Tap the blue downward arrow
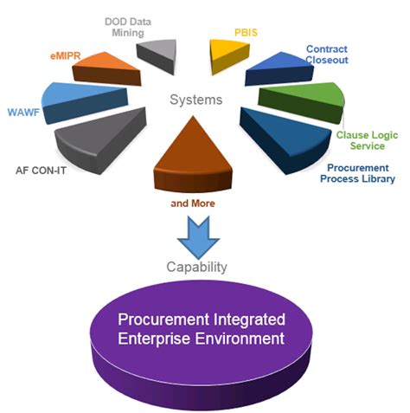click(200, 236)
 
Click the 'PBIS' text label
click(247, 32)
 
